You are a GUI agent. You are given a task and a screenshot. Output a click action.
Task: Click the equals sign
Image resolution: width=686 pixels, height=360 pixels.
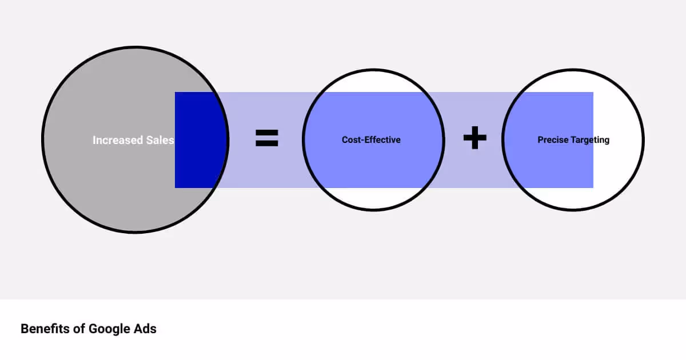tap(266, 138)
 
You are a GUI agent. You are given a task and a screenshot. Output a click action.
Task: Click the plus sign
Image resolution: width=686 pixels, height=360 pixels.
tap(474, 138)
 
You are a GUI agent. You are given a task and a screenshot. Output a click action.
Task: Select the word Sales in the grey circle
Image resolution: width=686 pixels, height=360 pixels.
tap(156, 140)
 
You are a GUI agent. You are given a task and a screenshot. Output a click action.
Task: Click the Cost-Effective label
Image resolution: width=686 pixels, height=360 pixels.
tap(371, 140)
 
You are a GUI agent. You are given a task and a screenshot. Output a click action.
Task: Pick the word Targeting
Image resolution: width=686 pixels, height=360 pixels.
tap(590, 140)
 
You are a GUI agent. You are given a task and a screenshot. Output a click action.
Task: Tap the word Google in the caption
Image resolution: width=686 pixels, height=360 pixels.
tap(109, 329)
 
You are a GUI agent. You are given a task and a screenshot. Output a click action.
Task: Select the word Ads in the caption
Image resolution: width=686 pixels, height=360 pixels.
tap(145, 329)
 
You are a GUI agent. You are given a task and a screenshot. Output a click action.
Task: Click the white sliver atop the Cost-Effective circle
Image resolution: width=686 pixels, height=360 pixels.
tap(373, 81)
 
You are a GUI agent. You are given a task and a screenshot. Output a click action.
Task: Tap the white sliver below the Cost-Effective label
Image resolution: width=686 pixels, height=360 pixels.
tap(373, 198)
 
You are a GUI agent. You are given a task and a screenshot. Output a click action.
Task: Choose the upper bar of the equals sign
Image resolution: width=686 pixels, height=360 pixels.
tap(266, 133)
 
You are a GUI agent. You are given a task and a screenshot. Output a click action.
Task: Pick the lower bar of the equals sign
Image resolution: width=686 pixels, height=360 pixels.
tap(266, 144)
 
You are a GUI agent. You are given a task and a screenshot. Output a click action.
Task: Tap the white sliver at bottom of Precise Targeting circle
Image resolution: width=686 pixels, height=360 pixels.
tap(572, 198)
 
